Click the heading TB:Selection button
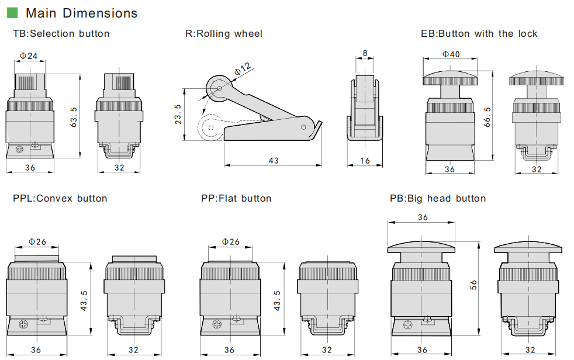61,34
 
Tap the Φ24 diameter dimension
29,56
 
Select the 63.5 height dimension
74,117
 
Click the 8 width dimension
365,53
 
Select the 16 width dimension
365,160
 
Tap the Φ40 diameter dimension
451,54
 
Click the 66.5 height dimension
487,116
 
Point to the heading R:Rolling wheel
224,34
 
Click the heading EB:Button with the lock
479,34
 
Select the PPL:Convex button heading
60,199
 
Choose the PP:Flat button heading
236,199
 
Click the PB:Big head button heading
438,199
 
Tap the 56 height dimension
473,285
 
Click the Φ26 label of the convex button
37,241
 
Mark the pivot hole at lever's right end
303,126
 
